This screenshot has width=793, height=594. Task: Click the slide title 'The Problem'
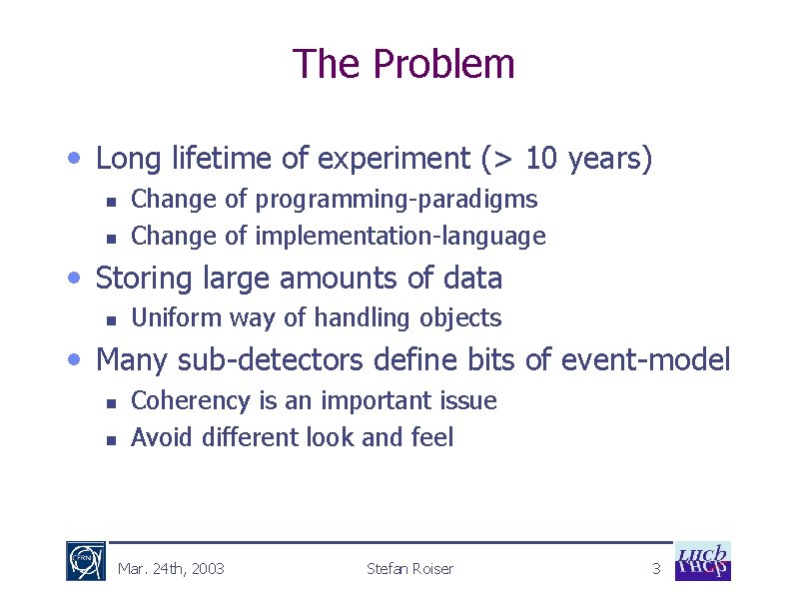403,64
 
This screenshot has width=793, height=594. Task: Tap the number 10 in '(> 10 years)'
541,159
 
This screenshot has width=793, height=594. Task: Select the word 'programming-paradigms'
396,200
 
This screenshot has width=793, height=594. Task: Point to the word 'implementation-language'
400,237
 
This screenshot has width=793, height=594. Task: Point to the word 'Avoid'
162,437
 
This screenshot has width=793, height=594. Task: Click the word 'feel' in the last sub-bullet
431,437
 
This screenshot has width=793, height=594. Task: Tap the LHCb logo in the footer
703,561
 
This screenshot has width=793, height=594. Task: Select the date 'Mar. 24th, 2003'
171,569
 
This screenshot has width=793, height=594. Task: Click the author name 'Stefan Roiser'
409,569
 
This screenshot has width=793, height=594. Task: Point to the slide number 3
656,569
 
